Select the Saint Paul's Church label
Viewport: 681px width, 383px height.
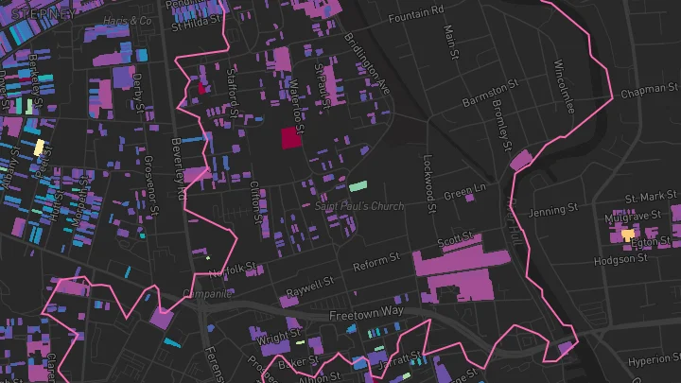[358, 206]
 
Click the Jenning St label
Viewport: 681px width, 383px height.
[553, 210]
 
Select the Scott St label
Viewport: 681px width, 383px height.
[454, 242]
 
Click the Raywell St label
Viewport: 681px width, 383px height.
[311, 283]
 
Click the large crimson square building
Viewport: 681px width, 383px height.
[289, 138]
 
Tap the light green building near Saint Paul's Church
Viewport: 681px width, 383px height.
[358, 186]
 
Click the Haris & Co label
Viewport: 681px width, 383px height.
[129, 21]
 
